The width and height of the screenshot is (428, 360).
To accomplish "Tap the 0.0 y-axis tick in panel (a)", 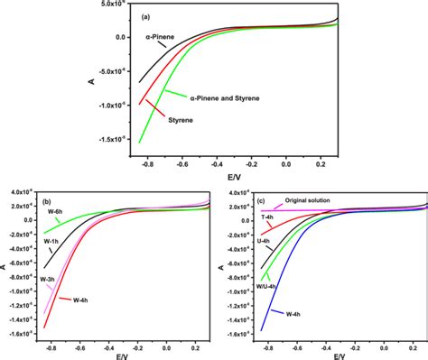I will pyautogui.click(x=111, y=37).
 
